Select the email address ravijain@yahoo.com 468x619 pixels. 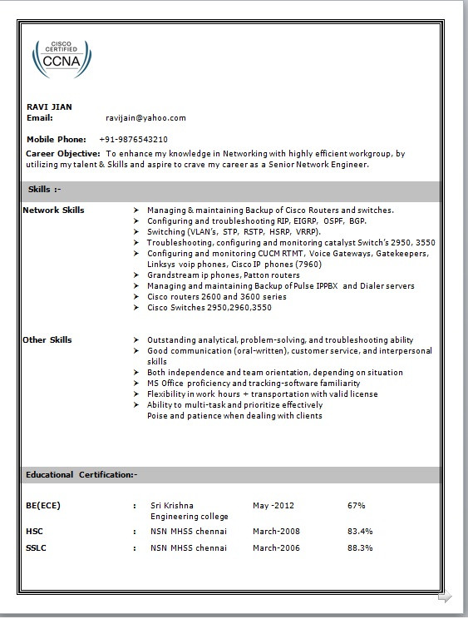(145, 118)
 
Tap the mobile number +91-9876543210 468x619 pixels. (133, 139)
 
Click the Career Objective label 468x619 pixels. (63, 154)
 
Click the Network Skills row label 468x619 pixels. (53, 210)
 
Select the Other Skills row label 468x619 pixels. (47, 339)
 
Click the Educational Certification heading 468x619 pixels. (81, 474)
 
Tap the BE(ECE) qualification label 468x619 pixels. (43, 505)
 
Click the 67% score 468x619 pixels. (357, 505)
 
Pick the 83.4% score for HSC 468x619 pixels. (360, 531)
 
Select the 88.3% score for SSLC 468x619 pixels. (360, 548)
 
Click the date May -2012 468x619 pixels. (273, 505)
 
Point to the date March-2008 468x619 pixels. (277, 531)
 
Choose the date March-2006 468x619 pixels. (277, 548)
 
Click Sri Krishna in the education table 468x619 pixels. (172, 505)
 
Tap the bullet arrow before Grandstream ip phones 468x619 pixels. (135, 275)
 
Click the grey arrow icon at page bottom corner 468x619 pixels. (445, 597)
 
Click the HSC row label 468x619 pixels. (34, 531)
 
